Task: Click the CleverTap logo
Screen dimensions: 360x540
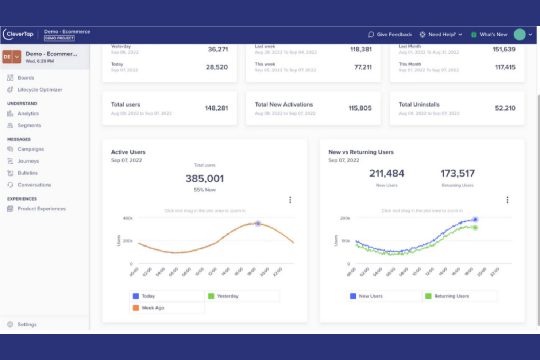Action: (x=18, y=34)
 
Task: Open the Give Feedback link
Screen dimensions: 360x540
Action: (x=390, y=35)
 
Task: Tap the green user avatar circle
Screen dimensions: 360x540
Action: (x=519, y=35)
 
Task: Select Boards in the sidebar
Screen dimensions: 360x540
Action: (x=26, y=78)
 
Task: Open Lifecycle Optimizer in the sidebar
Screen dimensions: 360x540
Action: (x=39, y=90)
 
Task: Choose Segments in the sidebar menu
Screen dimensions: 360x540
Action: (x=29, y=125)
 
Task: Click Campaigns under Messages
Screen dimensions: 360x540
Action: (x=30, y=149)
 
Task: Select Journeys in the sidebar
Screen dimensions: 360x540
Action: (x=28, y=161)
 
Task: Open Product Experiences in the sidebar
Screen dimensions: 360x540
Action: (x=41, y=209)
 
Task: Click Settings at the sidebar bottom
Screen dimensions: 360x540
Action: (x=27, y=324)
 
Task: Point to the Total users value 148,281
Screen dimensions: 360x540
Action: (x=216, y=108)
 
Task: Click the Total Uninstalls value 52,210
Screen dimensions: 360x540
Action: (x=505, y=108)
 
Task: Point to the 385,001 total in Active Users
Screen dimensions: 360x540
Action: (x=205, y=179)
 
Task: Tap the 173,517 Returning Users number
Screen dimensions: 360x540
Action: (x=458, y=174)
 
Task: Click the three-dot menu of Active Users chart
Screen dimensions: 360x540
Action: (x=290, y=200)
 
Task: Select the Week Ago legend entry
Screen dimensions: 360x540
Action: (x=153, y=308)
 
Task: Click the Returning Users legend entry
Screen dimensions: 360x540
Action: (x=451, y=296)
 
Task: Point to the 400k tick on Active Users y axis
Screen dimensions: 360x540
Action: (x=128, y=218)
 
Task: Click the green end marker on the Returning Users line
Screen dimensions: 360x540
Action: (x=475, y=228)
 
